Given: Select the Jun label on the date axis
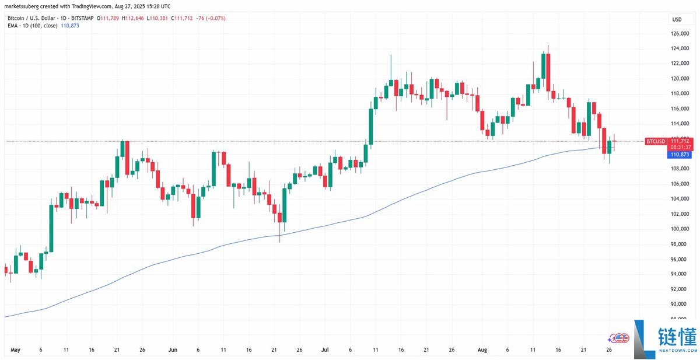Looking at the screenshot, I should (x=173, y=350).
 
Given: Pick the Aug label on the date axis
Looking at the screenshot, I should (x=482, y=350).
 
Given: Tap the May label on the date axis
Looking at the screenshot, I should (x=16, y=350).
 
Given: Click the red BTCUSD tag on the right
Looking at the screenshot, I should (x=656, y=141).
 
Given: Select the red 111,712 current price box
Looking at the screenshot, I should (x=680, y=141).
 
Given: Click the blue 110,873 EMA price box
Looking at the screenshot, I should (x=680, y=154).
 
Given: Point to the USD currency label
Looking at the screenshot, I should (x=677, y=19).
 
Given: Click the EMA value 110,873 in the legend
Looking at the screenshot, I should (x=70, y=26).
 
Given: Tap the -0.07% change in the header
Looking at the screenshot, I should (x=215, y=18).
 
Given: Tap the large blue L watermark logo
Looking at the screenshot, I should (x=645, y=338).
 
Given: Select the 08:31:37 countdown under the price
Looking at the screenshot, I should (x=680, y=147).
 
